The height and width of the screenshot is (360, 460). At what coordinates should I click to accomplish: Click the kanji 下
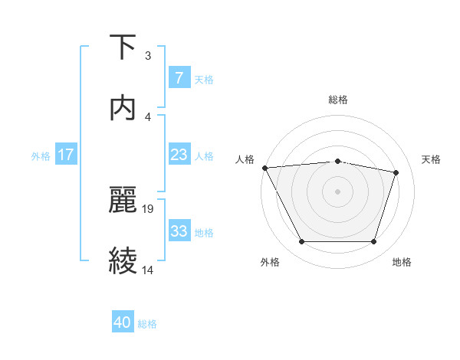[x=123, y=47]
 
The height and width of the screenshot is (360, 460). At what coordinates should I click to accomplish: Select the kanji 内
[x=123, y=108]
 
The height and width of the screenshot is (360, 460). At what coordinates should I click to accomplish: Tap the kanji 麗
[x=123, y=200]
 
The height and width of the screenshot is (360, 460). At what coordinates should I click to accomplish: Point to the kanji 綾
[x=123, y=261]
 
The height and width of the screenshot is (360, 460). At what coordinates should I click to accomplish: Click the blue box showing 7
[x=179, y=78]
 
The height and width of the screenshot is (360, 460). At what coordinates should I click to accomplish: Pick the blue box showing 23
[x=179, y=155]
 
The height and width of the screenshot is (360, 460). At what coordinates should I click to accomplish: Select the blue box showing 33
[x=179, y=231]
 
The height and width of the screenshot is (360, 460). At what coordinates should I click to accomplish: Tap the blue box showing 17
[x=66, y=155]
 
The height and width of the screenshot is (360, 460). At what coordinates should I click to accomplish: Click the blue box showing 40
[x=123, y=322]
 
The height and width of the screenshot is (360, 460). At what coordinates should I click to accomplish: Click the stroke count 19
[x=149, y=208]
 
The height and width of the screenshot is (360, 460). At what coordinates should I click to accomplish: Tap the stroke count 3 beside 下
[x=147, y=55]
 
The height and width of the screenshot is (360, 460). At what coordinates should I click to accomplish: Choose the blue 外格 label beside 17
[x=41, y=155]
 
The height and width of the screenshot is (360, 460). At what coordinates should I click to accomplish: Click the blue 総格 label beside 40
[x=147, y=324]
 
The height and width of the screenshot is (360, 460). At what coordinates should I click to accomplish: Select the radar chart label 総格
[x=338, y=100]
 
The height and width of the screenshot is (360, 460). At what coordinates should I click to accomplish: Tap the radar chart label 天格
[x=431, y=159]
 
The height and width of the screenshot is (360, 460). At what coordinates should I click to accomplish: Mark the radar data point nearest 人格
[x=264, y=168]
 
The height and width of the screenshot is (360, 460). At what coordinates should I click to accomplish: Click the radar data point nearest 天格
[x=396, y=172]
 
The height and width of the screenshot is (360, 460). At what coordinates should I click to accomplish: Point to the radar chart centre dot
[x=338, y=191]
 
